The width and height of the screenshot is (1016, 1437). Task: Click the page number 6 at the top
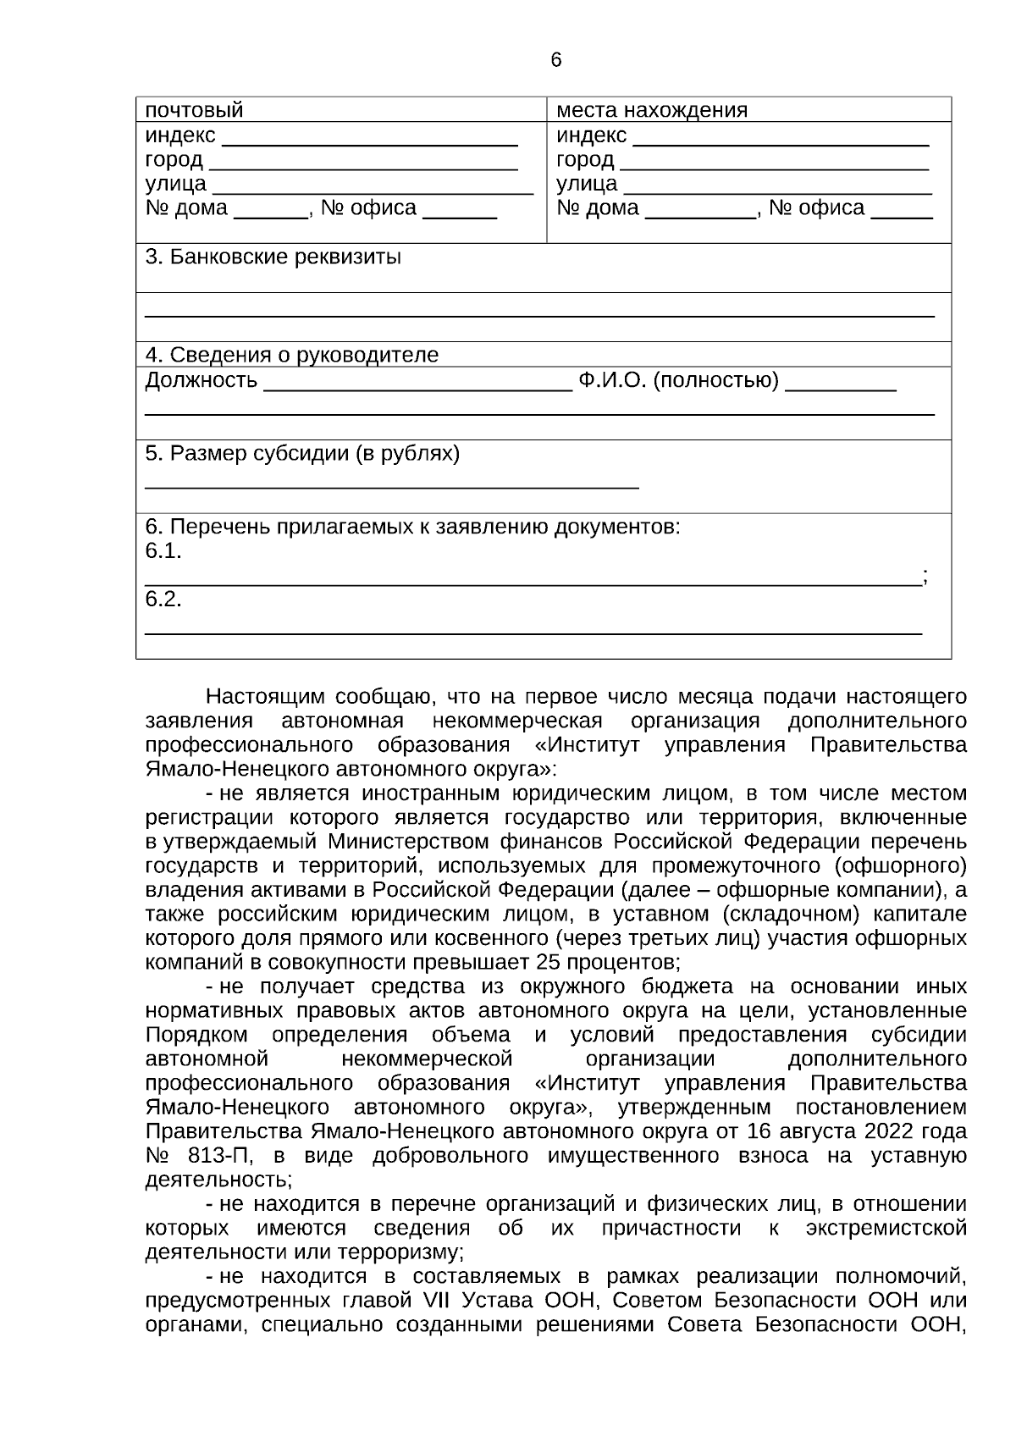[555, 60]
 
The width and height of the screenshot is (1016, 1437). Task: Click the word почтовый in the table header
[194, 110]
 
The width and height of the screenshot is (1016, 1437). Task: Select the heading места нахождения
[651, 110]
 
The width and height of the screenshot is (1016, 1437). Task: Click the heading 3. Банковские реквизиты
[273, 257]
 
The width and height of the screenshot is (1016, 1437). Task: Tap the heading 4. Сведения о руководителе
[291, 355]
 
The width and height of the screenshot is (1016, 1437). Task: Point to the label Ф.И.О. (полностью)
[678, 380]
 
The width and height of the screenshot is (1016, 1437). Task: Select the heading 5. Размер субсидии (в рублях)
[302, 454]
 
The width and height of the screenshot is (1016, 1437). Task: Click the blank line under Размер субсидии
[391, 485]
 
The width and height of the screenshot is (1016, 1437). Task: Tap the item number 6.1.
[163, 551]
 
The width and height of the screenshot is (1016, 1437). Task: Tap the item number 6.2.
[163, 600]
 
